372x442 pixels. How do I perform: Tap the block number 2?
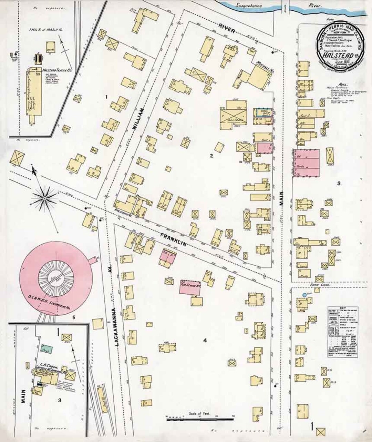(212, 156)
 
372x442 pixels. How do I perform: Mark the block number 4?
(205, 341)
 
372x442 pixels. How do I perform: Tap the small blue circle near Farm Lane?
(304, 295)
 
